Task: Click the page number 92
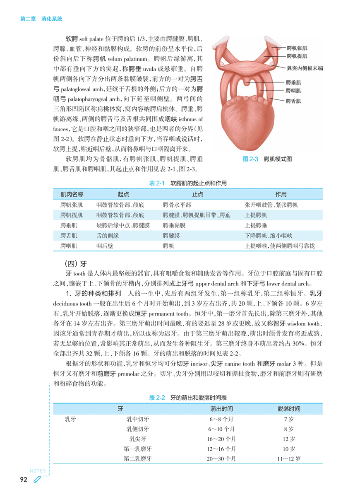tap(24, 480)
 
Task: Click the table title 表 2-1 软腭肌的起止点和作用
tap(187, 183)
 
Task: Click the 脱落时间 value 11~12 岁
tap(289, 458)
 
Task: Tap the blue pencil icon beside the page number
tap(37, 480)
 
